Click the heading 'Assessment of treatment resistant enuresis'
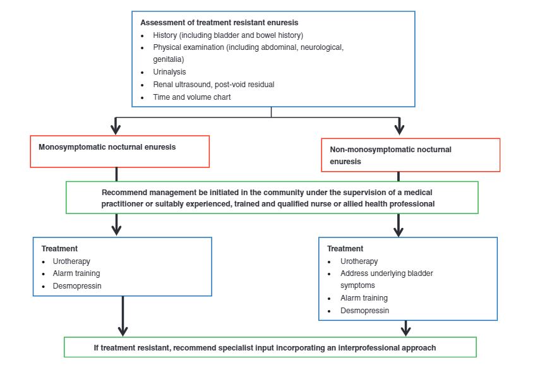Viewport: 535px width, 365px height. pos(219,23)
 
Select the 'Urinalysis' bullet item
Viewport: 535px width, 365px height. pos(169,72)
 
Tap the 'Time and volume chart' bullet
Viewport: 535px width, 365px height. pos(192,97)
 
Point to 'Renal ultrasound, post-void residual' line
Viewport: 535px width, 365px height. pos(213,85)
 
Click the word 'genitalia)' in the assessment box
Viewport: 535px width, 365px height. pos(169,59)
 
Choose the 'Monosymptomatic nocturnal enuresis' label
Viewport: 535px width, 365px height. pos(107,147)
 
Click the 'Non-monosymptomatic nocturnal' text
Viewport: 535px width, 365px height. pos(391,150)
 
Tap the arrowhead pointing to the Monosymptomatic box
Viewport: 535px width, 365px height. pos(116,129)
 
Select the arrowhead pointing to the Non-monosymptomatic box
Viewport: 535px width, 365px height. pos(399,129)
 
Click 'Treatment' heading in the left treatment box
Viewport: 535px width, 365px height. pos(59,249)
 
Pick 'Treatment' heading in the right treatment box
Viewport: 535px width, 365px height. pos(345,249)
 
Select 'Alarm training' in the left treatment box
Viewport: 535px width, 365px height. pos(76,273)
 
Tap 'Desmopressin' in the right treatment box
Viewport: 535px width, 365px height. pos(364,311)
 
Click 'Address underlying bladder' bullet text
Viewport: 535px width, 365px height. pos(387,273)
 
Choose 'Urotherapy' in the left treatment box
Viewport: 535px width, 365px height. pos(71,261)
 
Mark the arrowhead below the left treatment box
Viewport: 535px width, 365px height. pos(123,331)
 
